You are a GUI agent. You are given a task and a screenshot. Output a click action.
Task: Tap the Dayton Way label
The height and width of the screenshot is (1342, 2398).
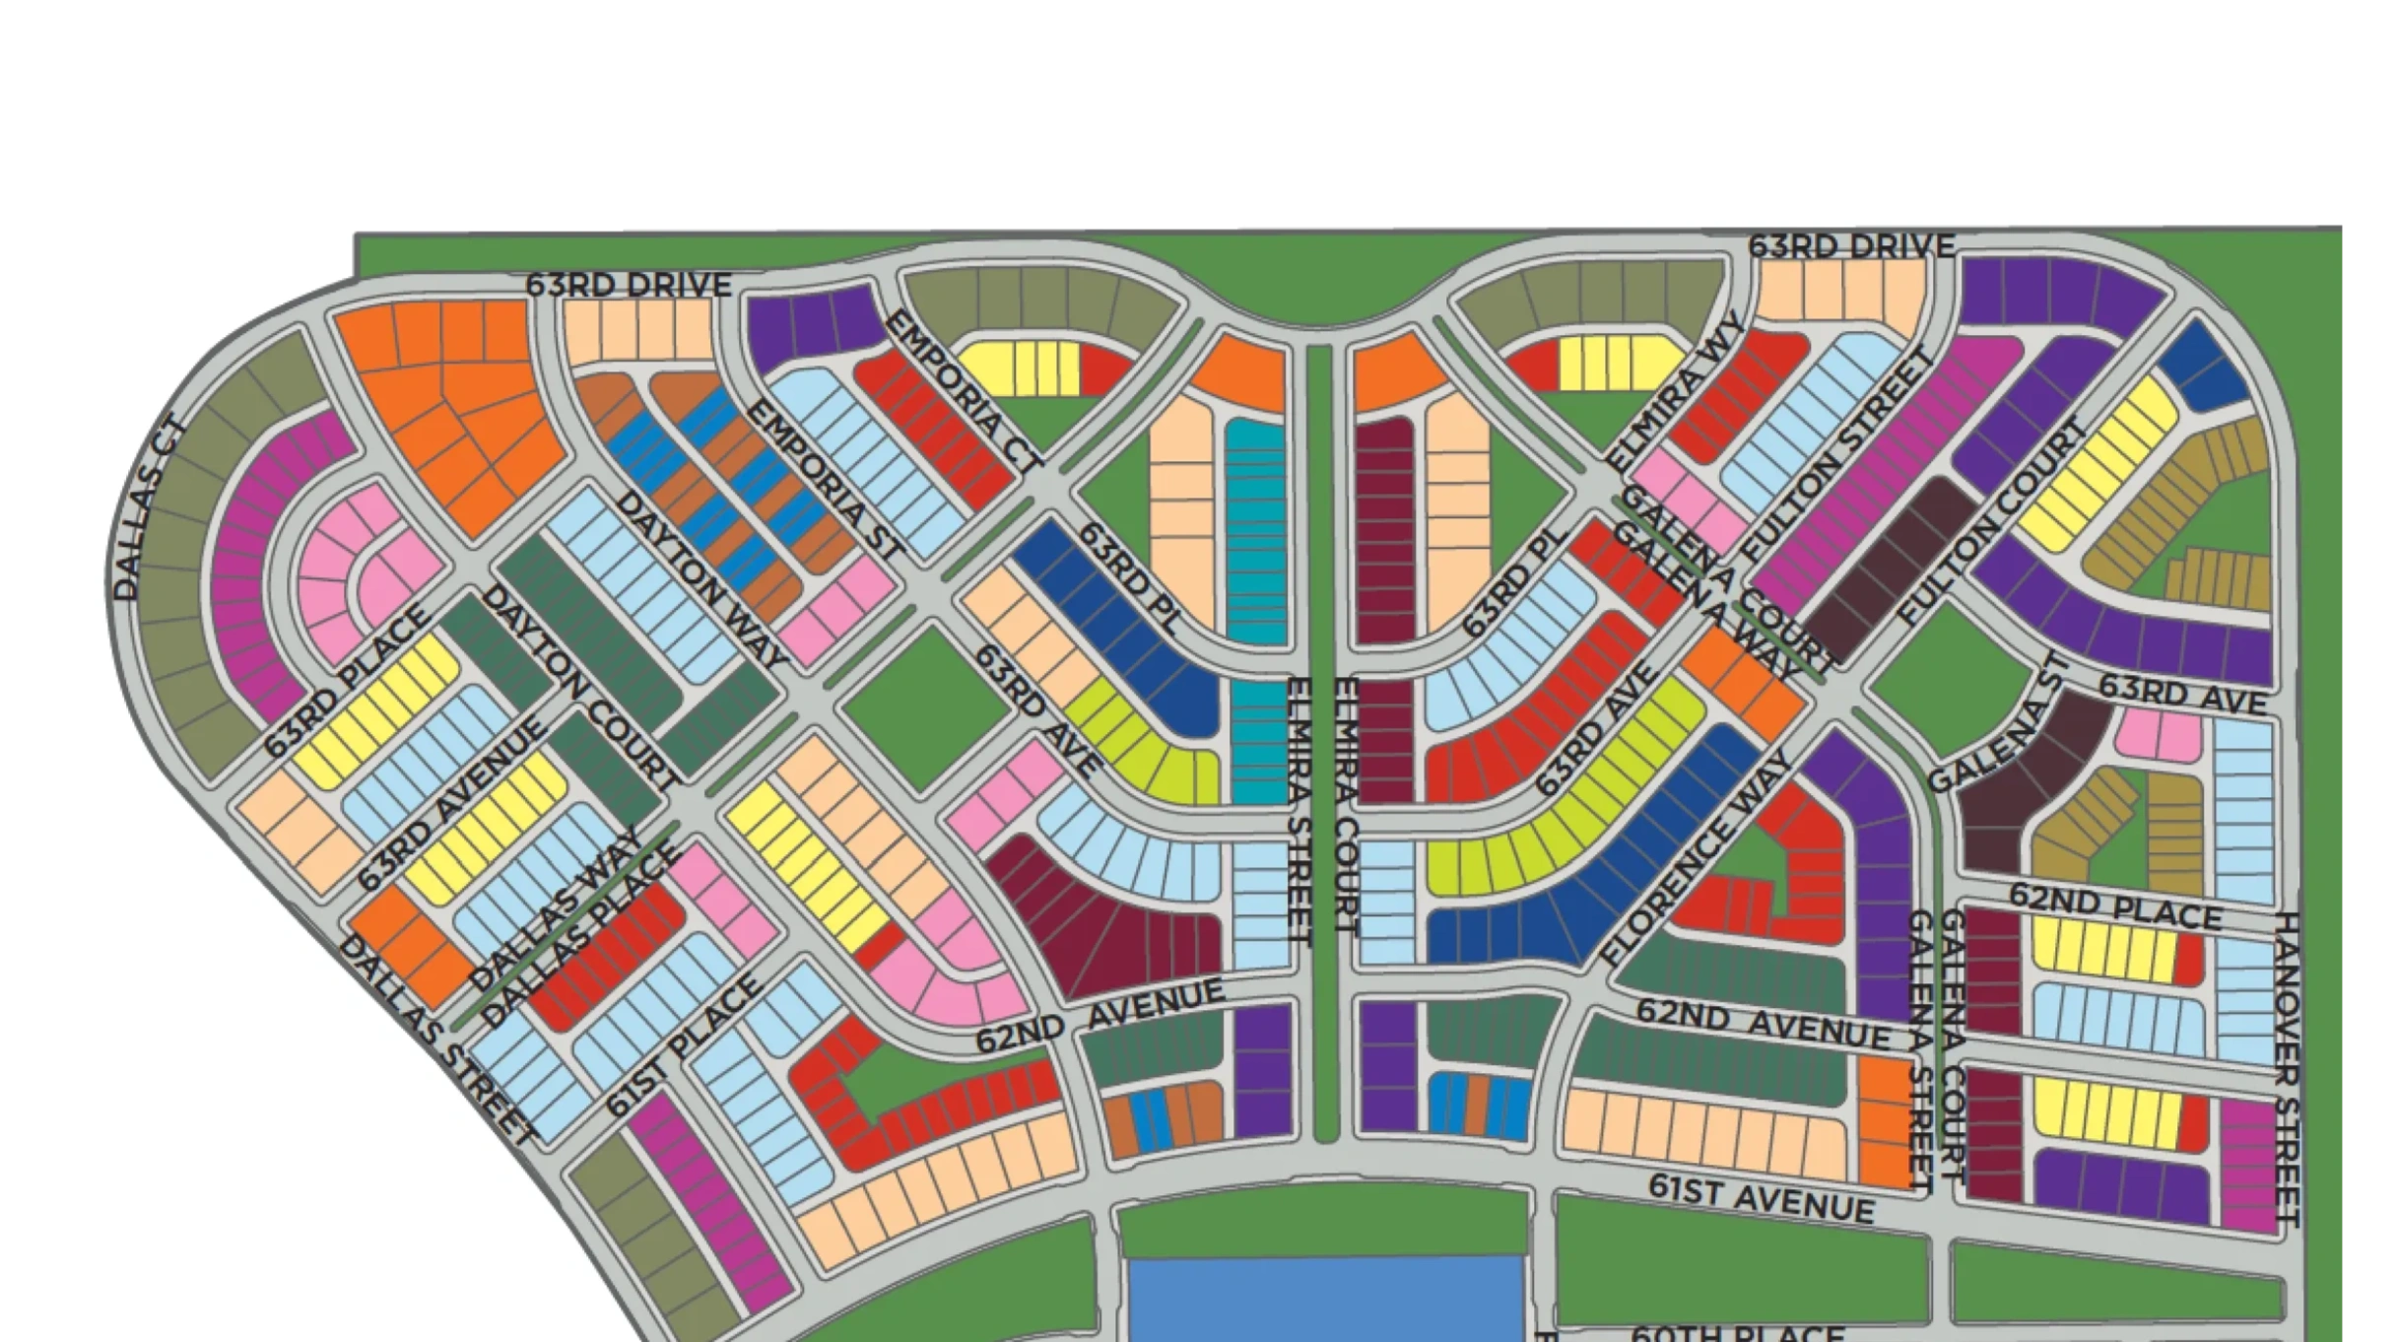pyautogui.click(x=700, y=580)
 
